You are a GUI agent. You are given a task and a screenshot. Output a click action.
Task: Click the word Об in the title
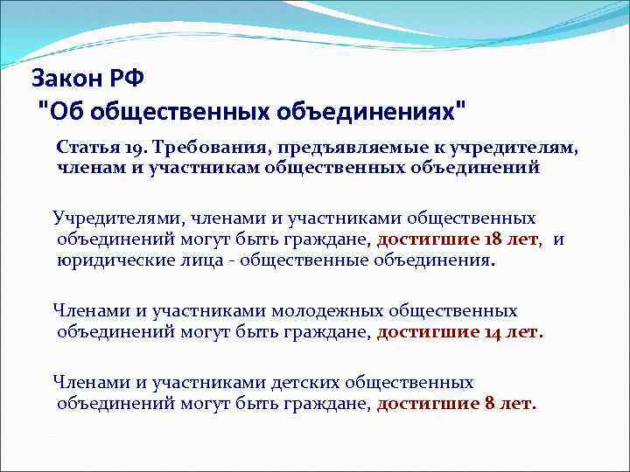click(62, 112)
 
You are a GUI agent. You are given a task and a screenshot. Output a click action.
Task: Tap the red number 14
click(493, 332)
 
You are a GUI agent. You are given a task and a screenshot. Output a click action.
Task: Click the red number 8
click(488, 404)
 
